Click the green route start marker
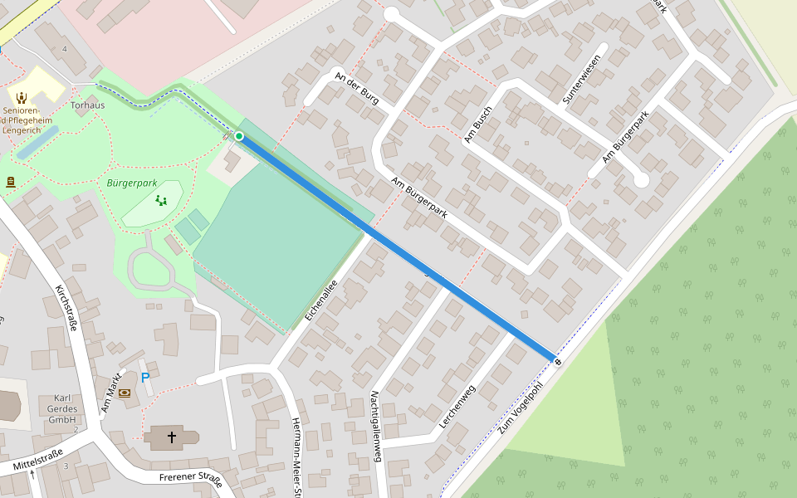pos(239,136)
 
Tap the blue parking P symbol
pos(145,378)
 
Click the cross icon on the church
pos(172,437)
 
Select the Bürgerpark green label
pos(132,183)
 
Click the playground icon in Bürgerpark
pos(161,200)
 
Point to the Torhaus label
pos(87,105)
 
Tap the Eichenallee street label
pos(320,300)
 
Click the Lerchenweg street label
pos(457,408)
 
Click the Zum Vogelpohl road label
pos(521,406)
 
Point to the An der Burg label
pos(356,88)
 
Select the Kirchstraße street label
pos(66,308)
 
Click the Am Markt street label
pos(111,393)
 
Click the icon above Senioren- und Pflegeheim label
pos(22,97)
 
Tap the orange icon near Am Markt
pos(125,393)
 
